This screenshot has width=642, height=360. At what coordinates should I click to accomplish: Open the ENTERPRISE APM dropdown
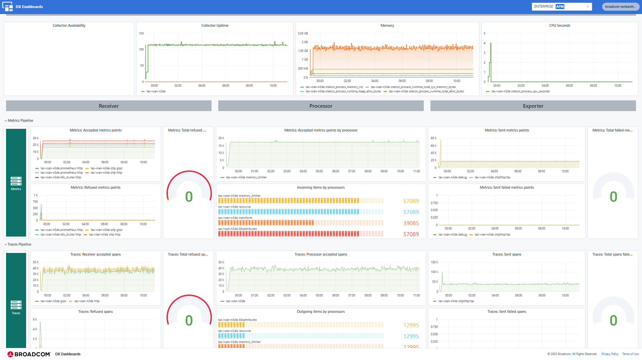coord(561,7)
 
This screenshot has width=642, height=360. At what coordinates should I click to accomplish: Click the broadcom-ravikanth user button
coord(620,7)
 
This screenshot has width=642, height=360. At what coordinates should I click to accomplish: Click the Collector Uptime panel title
coord(215,25)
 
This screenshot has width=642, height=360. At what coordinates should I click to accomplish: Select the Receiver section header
coord(108,106)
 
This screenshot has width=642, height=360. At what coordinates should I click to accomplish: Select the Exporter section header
coord(533,106)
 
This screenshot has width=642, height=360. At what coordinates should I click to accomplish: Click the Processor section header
coord(321,106)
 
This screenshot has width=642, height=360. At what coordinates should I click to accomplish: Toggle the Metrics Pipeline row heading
coord(20,120)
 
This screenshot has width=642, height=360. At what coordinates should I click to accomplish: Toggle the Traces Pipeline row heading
coord(19,244)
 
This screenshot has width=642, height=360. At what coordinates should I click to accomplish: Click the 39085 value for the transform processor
coord(411,223)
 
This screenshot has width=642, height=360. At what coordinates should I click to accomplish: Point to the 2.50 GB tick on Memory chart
coord(303,33)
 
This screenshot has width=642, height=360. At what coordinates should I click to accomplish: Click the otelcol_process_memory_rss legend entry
coord(334,87)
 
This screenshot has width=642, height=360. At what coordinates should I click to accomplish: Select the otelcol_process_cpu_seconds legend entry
coord(520,91)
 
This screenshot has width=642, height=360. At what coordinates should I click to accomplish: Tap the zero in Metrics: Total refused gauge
coord(189,197)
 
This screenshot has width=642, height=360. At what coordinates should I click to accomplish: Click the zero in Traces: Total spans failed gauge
coord(613,321)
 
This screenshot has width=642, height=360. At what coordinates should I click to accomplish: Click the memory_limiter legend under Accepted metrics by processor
coord(246,177)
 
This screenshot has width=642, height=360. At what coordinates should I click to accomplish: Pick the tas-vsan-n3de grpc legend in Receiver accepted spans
coord(53,301)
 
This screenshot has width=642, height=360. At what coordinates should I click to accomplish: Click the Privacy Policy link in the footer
coord(610,354)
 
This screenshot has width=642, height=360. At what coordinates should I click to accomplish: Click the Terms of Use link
coord(630,354)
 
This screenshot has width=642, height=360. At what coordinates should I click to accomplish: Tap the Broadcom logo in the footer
coord(29,354)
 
